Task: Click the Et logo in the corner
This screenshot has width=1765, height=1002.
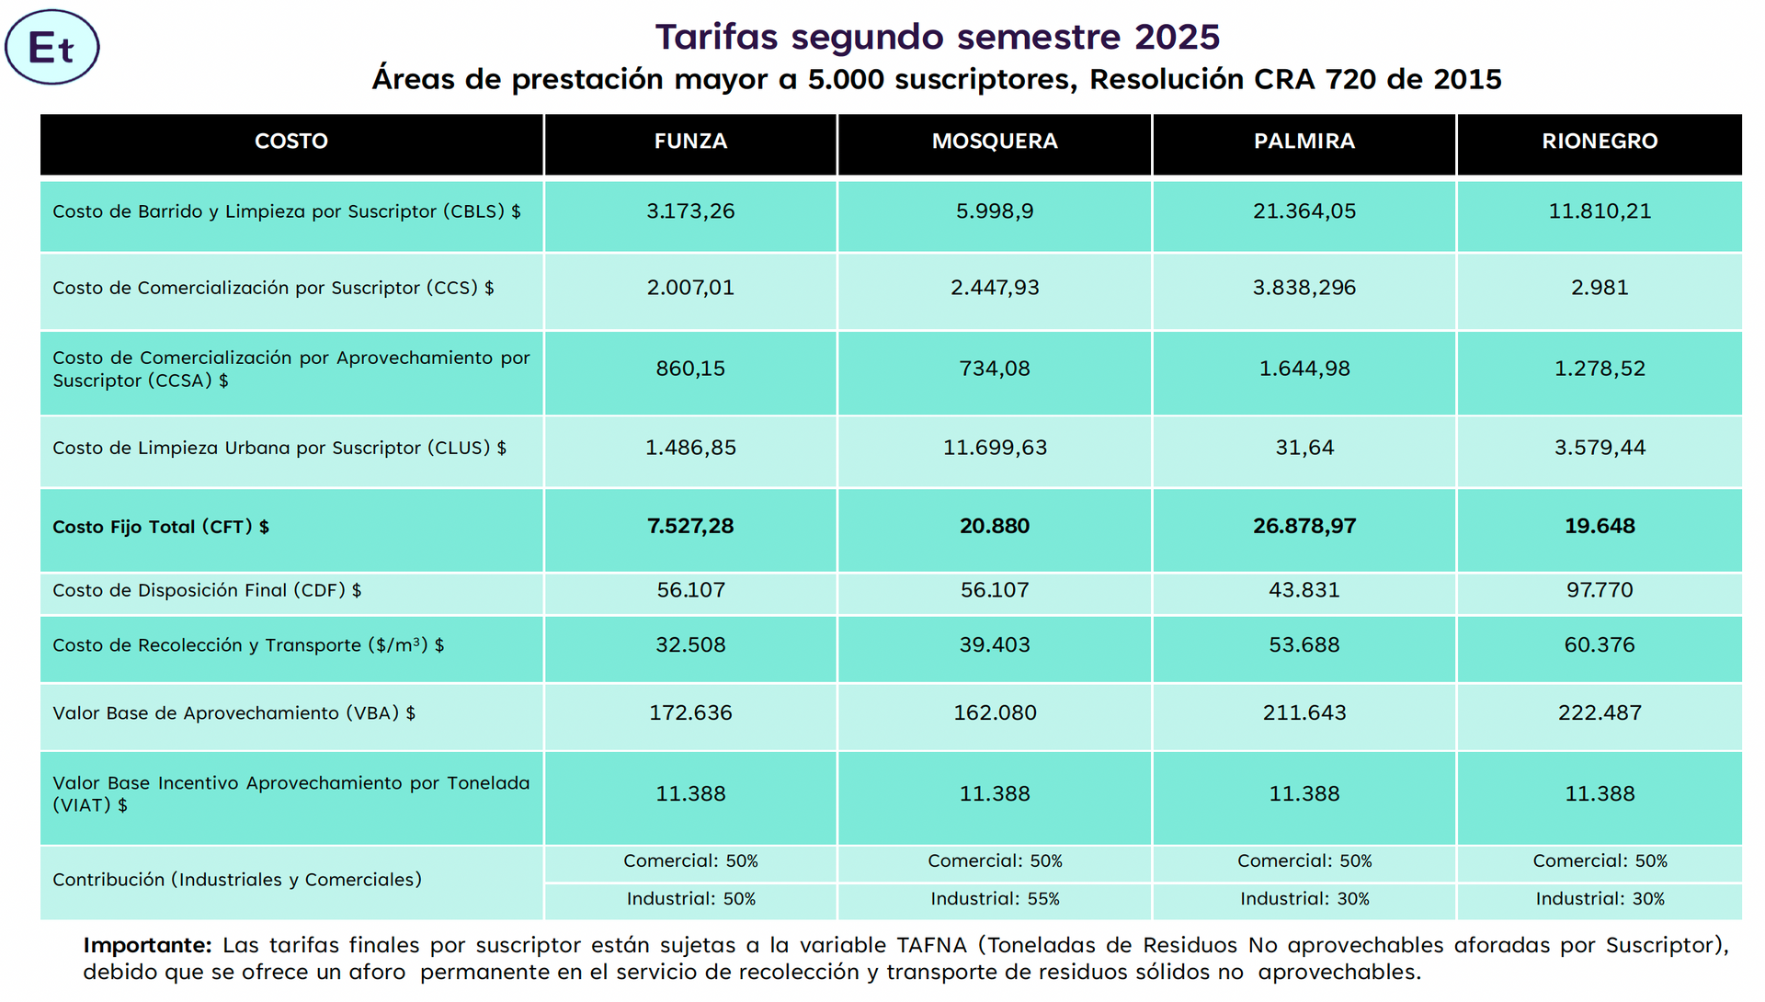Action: coord(51,48)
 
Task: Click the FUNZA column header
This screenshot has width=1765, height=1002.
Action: coord(690,142)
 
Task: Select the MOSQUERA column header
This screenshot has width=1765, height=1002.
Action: coord(995,142)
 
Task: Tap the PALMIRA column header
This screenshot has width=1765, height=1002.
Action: coord(1304,142)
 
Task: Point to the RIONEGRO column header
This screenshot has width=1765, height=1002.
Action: coord(1600,142)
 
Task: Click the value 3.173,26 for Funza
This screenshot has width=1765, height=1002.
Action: coord(690,211)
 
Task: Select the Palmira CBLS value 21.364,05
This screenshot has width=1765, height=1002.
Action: coord(1304,211)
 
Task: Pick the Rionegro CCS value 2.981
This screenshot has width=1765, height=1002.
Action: coord(1600,288)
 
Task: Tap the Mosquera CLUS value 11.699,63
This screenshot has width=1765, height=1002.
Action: coord(995,448)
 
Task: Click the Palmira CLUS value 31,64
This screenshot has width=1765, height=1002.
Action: coord(1304,448)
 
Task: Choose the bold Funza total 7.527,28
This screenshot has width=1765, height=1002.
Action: coord(690,526)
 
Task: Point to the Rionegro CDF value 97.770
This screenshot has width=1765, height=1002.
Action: coord(1600,590)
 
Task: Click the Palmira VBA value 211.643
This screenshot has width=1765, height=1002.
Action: coord(1304,712)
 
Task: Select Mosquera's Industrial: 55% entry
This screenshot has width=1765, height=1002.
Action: coord(995,899)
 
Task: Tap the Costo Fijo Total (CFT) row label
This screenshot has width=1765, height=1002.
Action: coord(161,527)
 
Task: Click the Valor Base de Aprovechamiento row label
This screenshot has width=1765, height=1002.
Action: coord(233,713)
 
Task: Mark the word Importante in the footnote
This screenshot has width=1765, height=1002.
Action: coord(147,945)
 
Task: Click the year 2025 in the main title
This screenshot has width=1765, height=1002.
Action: coord(1177,37)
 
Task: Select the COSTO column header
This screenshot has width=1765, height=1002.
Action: coord(291,142)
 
